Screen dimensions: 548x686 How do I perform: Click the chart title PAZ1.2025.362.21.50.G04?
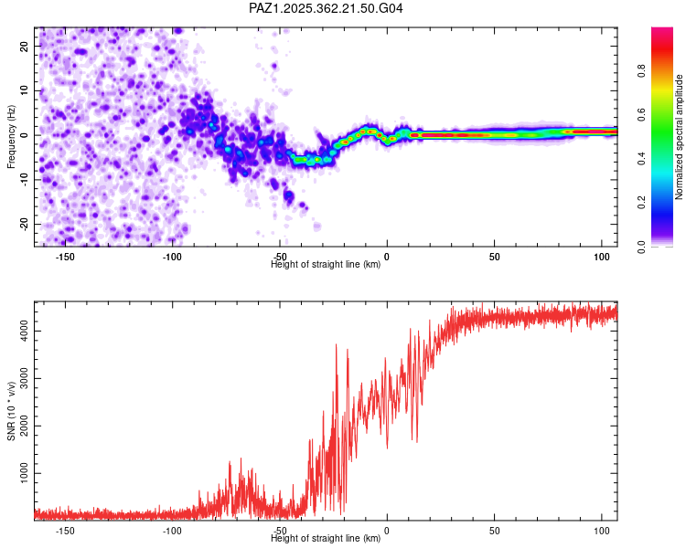(x=327, y=8)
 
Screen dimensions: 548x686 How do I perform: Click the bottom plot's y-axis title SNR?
(x=11, y=413)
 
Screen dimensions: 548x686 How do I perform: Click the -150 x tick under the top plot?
(x=65, y=257)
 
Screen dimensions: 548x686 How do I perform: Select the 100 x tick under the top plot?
(x=601, y=257)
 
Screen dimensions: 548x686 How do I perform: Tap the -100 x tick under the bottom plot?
(x=172, y=531)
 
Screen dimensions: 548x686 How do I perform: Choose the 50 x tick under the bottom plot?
(x=494, y=531)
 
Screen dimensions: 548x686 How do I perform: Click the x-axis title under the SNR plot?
(x=327, y=539)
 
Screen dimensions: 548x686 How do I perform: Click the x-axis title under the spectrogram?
(x=327, y=265)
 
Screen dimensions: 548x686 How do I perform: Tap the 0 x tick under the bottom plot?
(x=387, y=531)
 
